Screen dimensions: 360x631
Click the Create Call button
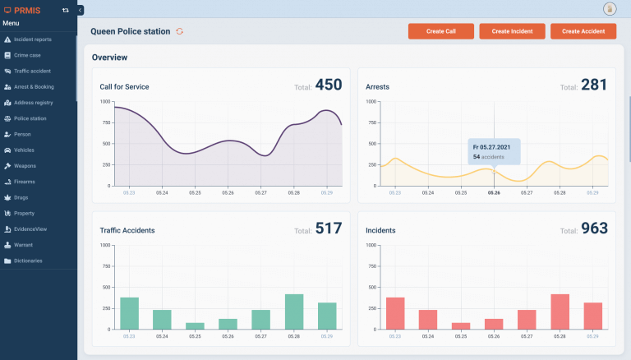(x=440, y=31)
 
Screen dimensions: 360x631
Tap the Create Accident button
(x=583, y=31)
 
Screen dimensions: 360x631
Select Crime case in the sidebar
(x=27, y=55)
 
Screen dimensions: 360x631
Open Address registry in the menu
(x=33, y=103)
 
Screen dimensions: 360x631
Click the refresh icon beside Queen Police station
(x=180, y=31)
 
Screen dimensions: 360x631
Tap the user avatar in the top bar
(x=610, y=9)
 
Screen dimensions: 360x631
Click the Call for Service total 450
(x=329, y=85)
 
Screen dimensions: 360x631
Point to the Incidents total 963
(x=594, y=228)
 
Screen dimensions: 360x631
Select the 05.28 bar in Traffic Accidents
(x=294, y=312)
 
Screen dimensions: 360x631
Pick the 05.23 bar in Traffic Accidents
(x=129, y=313)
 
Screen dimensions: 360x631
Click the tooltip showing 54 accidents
(x=494, y=151)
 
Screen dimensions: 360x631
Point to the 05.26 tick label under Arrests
(x=494, y=193)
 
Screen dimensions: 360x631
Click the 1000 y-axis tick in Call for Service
(x=105, y=101)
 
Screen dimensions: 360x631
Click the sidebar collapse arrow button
(x=81, y=10)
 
